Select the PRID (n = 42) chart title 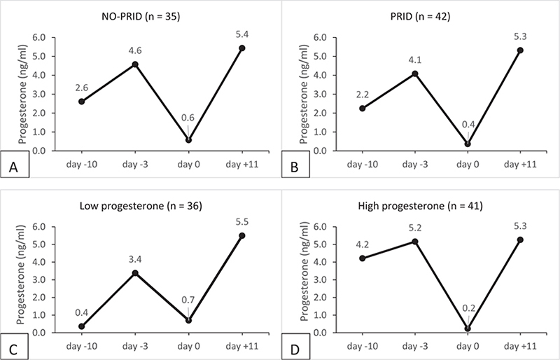[x=419, y=11]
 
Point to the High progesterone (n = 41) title [x=419, y=195]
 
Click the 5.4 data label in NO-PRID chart [x=242, y=32]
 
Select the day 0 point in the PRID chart [x=467, y=144]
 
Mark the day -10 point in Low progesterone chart [x=82, y=326]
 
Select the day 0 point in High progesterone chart [x=467, y=328]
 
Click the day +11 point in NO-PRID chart [x=242, y=48]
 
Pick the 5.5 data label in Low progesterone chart [x=242, y=220]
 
